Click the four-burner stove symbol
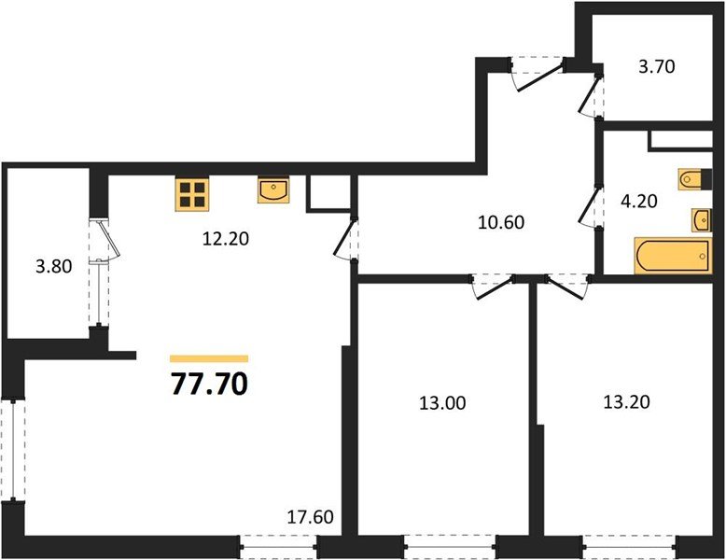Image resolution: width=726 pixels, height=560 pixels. click(x=192, y=193)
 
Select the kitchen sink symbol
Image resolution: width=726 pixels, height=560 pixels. click(x=272, y=191)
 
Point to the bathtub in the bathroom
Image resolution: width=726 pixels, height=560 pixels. click(x=672, y=256)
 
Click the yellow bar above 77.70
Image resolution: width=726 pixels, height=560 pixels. click(x=210, y=358)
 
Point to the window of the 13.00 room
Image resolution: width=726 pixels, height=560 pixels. click(x=450, y=544)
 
